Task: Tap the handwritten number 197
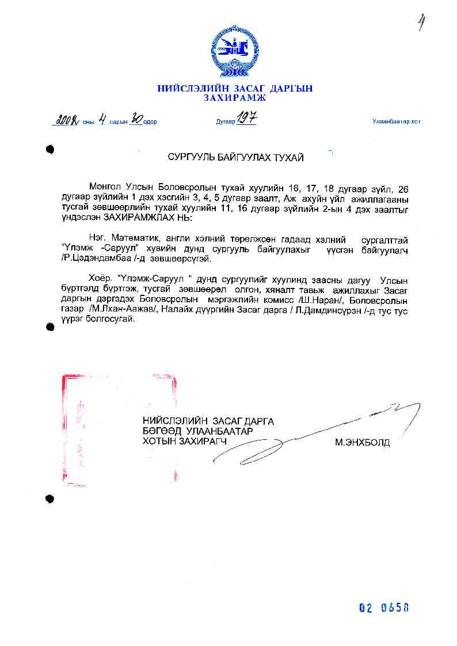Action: (246, 119)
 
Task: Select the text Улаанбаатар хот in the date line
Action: (396, 121)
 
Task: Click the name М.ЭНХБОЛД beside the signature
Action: (363, 443)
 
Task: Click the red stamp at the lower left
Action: (118, 426)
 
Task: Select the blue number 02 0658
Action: (384, 608)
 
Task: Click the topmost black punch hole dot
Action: (50, 150)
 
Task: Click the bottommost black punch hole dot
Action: (50, 499)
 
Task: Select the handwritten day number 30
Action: (136, 120)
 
